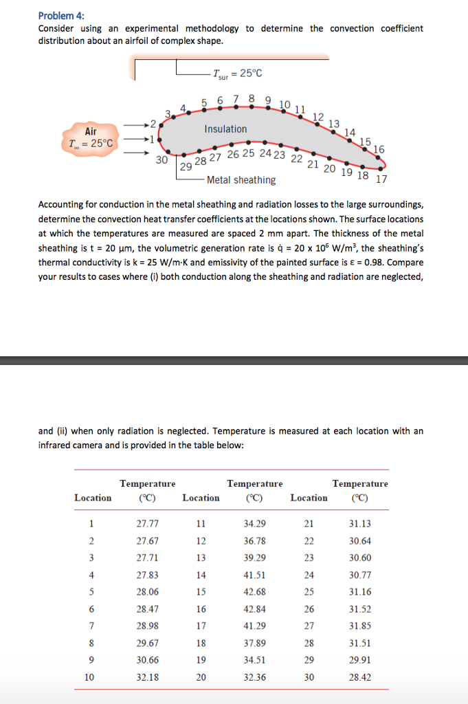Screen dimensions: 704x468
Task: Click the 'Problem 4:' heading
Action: [60, 15]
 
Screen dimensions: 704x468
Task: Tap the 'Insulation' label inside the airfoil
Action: [225, 129]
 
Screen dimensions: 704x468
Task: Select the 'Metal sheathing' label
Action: [241, 180]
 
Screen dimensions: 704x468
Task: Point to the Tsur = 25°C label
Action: [237, 74]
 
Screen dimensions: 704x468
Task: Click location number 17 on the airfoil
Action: [381, 179]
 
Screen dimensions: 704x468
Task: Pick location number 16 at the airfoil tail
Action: [379, 149]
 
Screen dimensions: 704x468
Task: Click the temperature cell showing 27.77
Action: [148, 523]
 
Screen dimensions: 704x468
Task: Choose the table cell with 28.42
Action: [360, 677]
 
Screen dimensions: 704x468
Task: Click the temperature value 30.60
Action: [360, 558]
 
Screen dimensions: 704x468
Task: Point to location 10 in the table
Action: [89, 677]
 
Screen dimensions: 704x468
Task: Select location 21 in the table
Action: [308, 523]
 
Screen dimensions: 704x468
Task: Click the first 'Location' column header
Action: [93, 498]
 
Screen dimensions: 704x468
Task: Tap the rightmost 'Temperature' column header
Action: [360, 484]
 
